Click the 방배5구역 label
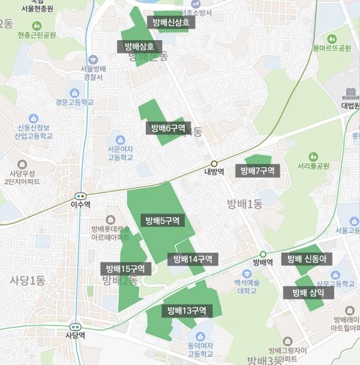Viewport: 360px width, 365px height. [x=162, y=221]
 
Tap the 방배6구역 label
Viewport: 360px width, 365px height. [x=168, y=128]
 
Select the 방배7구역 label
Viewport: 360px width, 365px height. [x=257, y=171]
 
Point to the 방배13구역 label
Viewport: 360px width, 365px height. [x=187, y=311]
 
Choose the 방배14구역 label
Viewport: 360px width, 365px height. [x=193, y=259]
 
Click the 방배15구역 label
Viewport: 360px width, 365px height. [x=126, y=268]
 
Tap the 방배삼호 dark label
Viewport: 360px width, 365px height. [x=140, y=46]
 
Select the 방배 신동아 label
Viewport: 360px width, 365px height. [x=306, y=259]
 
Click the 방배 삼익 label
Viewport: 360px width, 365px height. [x=308, y=292]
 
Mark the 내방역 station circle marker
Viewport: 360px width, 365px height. [x=215, y=163]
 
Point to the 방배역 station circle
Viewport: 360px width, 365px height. [x=263, y=254]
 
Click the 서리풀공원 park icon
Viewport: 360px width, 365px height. [x=313, y=156]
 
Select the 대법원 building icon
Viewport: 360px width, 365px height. [x=350, y=94]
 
